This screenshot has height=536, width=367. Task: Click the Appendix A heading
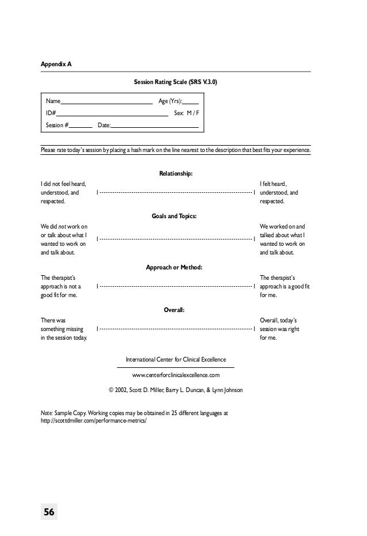(x=56, y=64)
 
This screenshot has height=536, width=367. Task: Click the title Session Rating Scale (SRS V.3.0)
(x=175, y=82)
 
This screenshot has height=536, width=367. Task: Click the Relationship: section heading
(x=175, y=173)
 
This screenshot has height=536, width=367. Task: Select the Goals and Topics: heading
(x=175, y=216)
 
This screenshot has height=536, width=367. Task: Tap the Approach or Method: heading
(x=175, y=267)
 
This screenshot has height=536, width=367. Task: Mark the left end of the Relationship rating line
(x=97, y=192)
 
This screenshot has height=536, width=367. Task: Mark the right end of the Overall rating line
(x=254, y=329)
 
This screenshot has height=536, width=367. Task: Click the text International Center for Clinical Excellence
(x=175, y=359)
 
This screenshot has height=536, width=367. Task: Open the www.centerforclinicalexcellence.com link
(x=175, y=375)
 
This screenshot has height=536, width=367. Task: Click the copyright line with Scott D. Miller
(x=175, y=390)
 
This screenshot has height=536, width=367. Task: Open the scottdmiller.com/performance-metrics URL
(x=94, y=420)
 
